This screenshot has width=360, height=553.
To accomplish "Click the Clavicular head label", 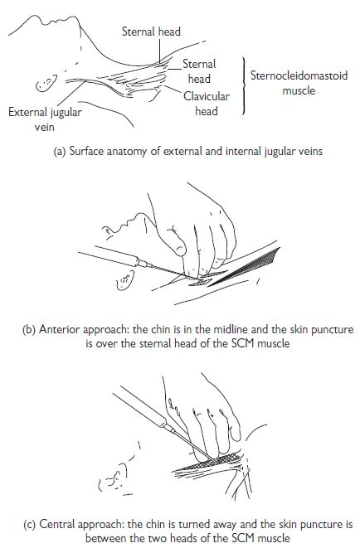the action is point(207,104).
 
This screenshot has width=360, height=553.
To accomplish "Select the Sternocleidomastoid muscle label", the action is point(299,83).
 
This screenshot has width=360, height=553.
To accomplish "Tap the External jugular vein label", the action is point(45,119).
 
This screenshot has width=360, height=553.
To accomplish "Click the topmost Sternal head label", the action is point(151,32).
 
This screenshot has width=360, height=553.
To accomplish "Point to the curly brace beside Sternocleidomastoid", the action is point(244,85).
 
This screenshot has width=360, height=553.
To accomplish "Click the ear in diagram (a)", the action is point(46,83).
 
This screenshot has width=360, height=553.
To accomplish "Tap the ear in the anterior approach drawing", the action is point(125,280).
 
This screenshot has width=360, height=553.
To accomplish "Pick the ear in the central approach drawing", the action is point(113,480).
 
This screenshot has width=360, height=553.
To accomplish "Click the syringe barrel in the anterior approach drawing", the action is point(108,256).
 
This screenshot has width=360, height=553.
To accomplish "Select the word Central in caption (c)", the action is point(57,524).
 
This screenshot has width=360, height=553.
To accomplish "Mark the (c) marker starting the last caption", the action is point(29,525).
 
